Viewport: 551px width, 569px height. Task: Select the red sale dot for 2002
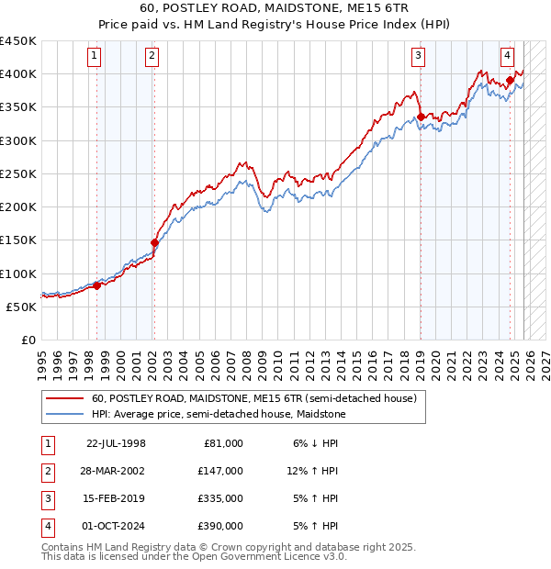coord(154,242)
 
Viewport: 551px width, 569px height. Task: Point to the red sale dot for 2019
coord(421,117)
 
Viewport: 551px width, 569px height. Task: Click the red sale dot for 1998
coord(96,285)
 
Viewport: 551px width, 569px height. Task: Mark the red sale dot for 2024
coord(511,81)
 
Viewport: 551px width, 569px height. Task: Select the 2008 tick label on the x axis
coord(246,358)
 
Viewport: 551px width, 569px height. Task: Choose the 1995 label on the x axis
coord(42,358)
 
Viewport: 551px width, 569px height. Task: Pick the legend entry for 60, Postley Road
coord(254,399)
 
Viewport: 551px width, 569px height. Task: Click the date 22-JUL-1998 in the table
coord(116,443)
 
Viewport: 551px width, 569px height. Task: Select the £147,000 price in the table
coord(221,471)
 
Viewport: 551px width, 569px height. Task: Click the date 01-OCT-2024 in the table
coord(116,527)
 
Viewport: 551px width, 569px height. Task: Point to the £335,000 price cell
coord(221,499)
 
